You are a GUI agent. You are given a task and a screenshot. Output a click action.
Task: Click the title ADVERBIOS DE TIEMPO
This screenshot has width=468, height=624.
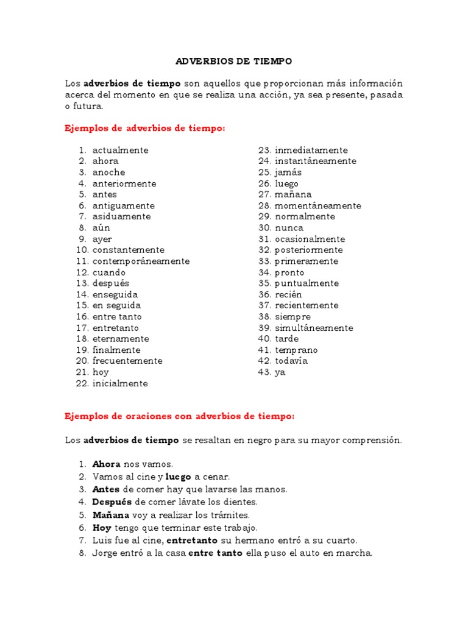coord(234,62)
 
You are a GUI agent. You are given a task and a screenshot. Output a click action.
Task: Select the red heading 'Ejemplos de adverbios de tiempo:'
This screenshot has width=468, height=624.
coord(145,128)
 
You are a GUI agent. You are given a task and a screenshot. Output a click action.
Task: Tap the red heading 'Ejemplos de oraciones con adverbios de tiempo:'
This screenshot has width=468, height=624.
coord(180,416)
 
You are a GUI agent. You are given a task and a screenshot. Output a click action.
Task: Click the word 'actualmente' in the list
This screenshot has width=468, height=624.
coord(120,150)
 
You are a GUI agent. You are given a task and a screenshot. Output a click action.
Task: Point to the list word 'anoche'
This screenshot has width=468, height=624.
coord(108,172)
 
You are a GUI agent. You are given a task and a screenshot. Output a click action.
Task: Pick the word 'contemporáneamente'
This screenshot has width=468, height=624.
coord(141,261)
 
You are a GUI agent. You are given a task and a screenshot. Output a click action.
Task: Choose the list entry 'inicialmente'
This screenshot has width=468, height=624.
coord(120,383)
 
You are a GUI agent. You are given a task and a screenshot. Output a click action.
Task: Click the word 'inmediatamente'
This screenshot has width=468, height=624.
coord(311,150)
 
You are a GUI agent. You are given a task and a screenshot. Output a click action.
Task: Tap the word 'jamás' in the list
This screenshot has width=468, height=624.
coord(288,172)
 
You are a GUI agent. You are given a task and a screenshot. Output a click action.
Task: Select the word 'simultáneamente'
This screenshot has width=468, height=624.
coord(313,328)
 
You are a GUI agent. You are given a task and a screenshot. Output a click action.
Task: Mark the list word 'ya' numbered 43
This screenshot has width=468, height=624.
coord(280,372)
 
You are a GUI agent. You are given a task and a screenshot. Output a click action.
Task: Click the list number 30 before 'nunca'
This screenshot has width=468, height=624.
coord(264,228)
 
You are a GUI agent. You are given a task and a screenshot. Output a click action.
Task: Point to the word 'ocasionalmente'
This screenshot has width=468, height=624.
coord(310,239)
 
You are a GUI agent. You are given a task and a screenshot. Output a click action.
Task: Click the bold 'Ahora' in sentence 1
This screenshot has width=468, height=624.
coord(106,464)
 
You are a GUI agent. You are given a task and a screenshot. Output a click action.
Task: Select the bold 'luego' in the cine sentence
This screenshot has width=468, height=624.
coord(179,476)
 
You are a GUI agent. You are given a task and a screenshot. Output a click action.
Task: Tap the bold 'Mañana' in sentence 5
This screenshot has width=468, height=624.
coord(110,515)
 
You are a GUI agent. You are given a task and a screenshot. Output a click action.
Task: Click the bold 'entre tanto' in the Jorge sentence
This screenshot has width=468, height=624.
coord(215,553)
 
